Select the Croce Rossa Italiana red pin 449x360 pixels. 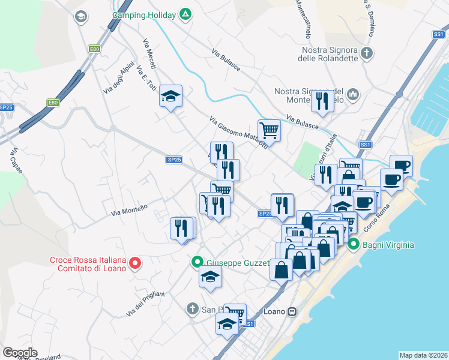point(135,263)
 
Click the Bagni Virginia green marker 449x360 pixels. point(354,245)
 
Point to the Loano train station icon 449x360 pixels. point(292,311)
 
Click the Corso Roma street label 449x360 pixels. point(382,213)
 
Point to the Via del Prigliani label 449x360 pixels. point(145,304)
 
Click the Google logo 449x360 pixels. point(20,352)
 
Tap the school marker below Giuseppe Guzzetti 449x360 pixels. point(210,277)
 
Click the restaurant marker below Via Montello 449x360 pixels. point(182,228)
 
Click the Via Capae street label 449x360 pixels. point(16,161)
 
